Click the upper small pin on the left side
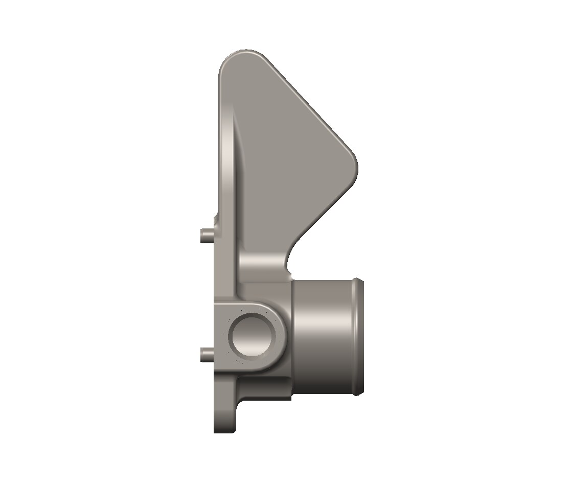(206, 236)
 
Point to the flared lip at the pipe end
(359, 337)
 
